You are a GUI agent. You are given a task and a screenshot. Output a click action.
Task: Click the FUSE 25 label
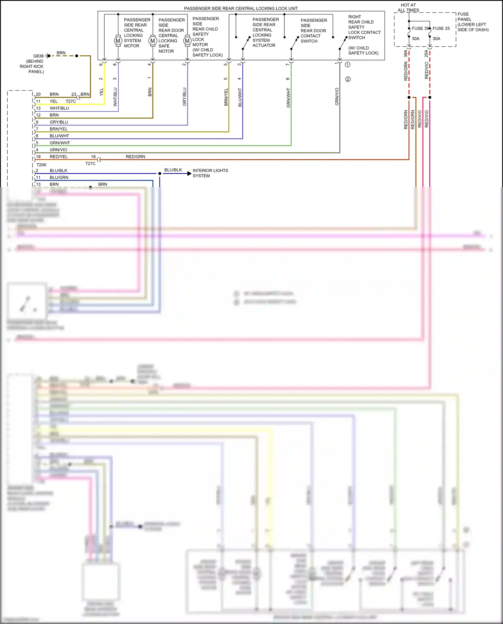pos(441,29)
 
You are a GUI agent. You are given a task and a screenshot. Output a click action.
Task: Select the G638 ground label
pos(38,56)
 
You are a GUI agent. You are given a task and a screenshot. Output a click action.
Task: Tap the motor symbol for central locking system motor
pos(118,41)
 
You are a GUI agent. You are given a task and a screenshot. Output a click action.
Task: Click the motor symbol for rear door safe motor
pos(153,41)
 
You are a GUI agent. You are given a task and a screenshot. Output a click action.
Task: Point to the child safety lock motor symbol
pos(187,41)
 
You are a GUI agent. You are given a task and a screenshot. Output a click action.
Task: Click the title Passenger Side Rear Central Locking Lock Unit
pos(241,8)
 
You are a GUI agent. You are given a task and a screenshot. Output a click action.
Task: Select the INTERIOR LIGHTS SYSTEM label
pos(210,173)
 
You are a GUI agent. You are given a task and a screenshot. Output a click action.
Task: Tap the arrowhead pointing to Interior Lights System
pos(189,173)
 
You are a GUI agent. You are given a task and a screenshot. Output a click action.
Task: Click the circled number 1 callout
pos(347,65)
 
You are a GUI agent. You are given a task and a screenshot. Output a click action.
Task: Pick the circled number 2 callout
pos(348,79)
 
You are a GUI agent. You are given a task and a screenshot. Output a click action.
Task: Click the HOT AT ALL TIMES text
pos(408,8)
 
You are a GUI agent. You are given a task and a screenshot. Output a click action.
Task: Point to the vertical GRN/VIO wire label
pos(337,97)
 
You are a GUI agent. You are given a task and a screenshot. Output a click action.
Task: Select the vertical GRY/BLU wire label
pos(184,97)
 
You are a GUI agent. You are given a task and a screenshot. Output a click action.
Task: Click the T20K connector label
pos(41,165)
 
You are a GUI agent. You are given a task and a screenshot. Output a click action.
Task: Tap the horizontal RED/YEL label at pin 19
pos(59,157)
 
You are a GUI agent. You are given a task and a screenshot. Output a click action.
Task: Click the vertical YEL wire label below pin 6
pos(102,92)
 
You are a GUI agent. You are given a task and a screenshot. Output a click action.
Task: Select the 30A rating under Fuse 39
pos(415,39)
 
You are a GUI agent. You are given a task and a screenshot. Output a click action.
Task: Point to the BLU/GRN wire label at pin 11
pos(59,177)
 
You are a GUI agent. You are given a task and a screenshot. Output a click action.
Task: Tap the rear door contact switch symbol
pos(294,43)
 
